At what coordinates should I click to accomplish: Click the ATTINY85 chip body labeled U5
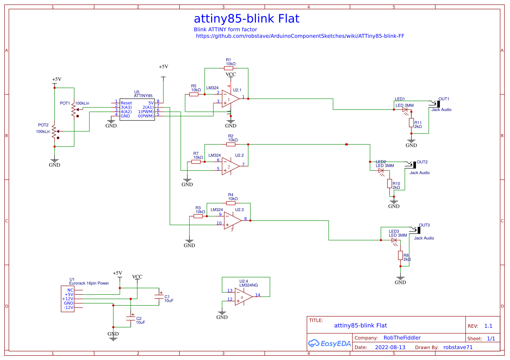(x=137, y=109)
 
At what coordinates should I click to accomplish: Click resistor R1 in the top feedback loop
(x=229, y=68)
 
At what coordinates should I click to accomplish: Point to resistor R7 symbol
(x=196, y=161)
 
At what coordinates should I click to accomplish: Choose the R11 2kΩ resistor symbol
(x=411, y=123)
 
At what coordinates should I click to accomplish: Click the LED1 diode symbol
(x=405, y=110)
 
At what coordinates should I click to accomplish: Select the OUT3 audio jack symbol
(x=417, y=230)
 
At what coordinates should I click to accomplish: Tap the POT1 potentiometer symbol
(x=74, y=110)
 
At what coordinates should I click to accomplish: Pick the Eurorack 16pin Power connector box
(x=67, y=299)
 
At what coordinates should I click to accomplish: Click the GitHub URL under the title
(x=300, y=36)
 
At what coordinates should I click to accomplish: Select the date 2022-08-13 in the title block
(x=390, y=347)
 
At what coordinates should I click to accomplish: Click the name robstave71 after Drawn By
(x=457, y=347)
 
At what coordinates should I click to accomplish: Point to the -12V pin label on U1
(x=68, y=307)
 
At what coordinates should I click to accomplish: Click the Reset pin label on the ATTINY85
(x=126, y=103)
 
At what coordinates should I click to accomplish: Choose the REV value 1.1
(x=488, y=326)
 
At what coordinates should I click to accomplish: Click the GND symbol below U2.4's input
(x=222, y=314)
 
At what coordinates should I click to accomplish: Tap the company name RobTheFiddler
(x=402, y=338)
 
